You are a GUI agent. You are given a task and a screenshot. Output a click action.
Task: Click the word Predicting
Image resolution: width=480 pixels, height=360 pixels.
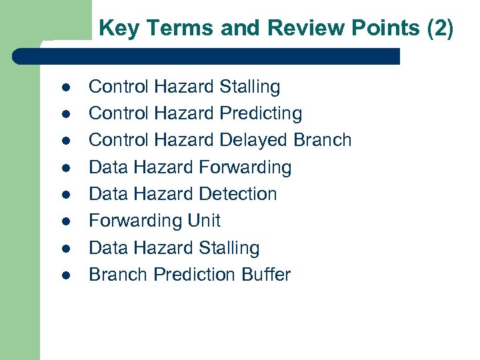click(261, 114)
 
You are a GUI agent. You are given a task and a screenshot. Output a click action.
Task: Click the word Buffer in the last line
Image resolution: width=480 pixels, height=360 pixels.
click(266, 275)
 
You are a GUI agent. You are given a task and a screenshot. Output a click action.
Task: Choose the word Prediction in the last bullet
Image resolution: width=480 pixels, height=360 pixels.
click(193, 275)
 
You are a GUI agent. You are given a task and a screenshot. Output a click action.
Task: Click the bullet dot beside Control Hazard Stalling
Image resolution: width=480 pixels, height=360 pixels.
click(65, 87)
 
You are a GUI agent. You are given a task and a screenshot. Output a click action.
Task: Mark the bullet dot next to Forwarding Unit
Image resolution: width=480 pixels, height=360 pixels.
click(65, 221)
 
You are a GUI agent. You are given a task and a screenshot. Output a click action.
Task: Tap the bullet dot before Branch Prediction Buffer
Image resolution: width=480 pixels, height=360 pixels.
click(65, 275)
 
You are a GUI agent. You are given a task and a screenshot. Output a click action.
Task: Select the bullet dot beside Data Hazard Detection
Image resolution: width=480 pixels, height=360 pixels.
click(65, 195)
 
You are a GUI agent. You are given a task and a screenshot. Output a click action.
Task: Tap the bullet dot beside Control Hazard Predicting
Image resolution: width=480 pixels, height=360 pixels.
click(65, 115)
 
